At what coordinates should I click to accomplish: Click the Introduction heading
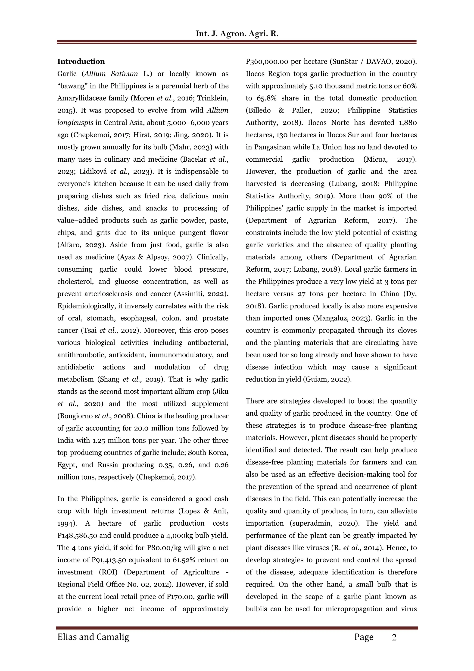(x=81, y=61)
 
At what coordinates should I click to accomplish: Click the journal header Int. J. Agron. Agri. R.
(x=237, y=34)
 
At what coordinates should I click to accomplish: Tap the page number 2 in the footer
(x=394, y=637)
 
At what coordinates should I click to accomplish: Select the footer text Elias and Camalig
(x=93, y=637)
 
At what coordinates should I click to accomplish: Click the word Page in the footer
(x=364, y=637)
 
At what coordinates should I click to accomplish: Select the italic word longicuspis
(x=75, y=123)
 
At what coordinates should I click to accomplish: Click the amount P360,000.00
(x=267, y=62)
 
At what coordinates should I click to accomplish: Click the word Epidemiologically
(x=86, y=306)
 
